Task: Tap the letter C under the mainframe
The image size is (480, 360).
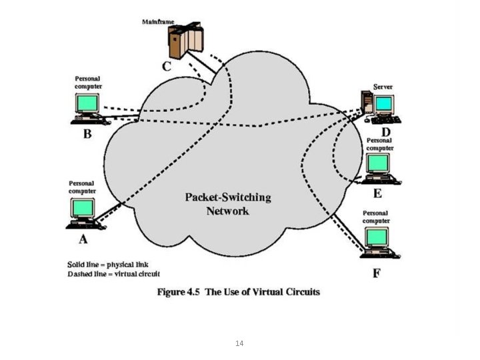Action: pyautogui.click(x=167, y=66)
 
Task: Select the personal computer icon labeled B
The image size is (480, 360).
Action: pyautogui.click(x=87, y=108)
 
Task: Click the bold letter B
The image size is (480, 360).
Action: pyautogui.click(x=87, y=133)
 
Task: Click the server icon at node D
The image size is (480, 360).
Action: pyautogui.click(x=377, y=107)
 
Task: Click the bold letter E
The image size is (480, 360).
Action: pyautogui.click(x=377, y=193)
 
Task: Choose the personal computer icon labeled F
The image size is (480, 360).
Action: pyautogui.click(x=378, y=242)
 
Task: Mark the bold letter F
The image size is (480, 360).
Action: pyautogui.click(x=376, y=273)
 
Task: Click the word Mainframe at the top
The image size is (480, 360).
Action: pyautogui.click(x=158, y=22)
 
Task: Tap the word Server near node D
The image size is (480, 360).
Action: pyautogui.click(x=383, y=87)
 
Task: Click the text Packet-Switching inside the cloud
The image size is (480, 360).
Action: pyautogui.click(x=227, y=197)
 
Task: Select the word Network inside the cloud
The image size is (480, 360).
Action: pyautogui.click(x=227, y=211)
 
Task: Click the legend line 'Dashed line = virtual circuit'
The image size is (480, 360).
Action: pyautogui.click(x=113, y=273)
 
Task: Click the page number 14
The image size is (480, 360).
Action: pyautogui.click(x=239, y=343)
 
